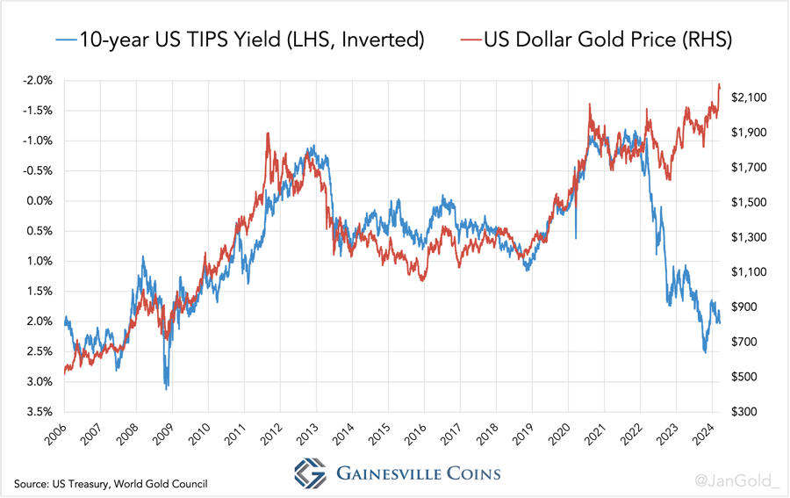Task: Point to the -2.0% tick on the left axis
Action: [40, 81]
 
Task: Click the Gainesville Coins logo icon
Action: [311, 474]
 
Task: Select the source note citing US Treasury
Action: [110, 484]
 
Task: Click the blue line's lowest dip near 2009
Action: [167, 387]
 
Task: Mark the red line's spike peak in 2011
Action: [267, 134]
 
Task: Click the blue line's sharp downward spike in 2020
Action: [576, 237]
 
